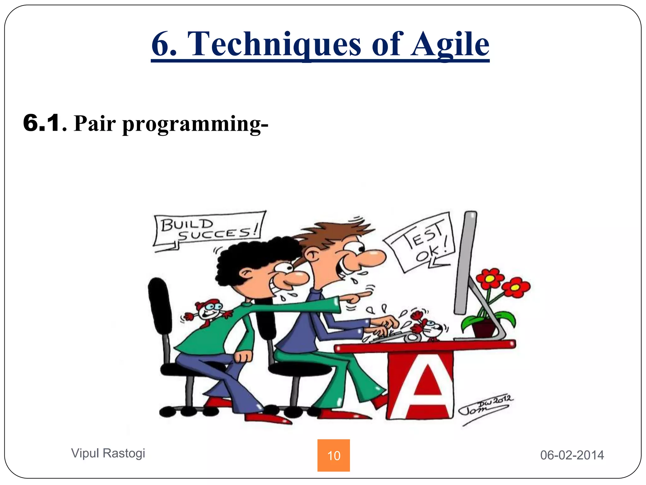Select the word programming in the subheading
[x=195, y=124]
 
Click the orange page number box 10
[x=333, y=455]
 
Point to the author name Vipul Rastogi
[x=108, y=453]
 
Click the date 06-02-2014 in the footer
[x=572, y=455]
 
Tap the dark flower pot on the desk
[x=484, y=328]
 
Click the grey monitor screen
[x=465, y=262]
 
